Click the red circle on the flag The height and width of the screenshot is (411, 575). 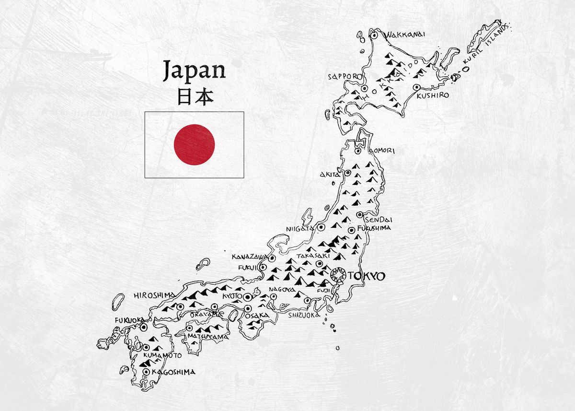194,145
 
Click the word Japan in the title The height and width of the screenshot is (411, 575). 194,70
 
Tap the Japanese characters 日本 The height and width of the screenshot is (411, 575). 194,97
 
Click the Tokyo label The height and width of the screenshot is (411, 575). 368,276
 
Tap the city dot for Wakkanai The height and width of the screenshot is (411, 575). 374,35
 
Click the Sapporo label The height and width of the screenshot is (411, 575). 343,77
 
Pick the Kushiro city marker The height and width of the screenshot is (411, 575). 416,87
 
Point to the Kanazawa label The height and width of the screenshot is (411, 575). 248,257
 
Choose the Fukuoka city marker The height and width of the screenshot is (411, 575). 143,327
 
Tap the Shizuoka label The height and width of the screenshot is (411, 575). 304,315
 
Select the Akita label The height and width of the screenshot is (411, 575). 330,175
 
